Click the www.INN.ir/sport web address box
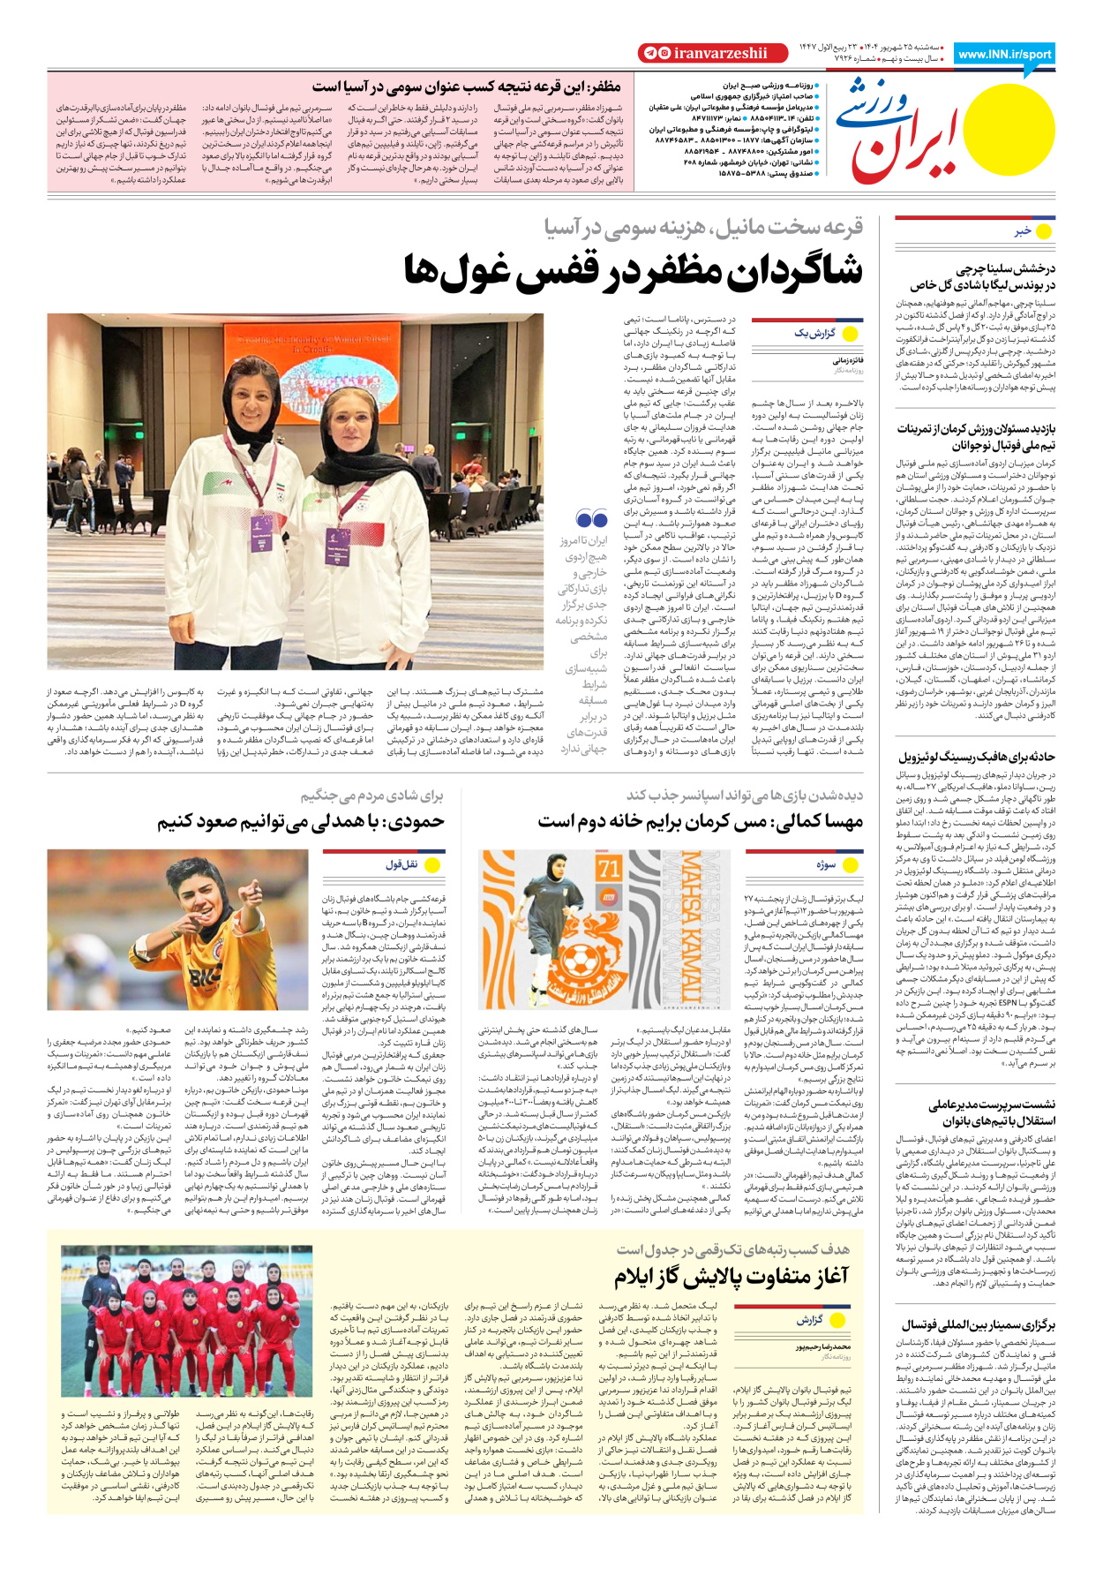coord(1004,54)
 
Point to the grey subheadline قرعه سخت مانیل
coord(703,227)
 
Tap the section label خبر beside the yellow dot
coord(1023,231)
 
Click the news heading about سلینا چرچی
coord(982,276)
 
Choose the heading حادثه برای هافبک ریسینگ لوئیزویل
coord(976,757)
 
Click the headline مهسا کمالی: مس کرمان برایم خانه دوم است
coord(701,822)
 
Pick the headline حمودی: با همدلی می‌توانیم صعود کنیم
coord(301,822)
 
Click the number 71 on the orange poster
coord(609,869)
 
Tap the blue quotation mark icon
coord(590,518)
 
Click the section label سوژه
coord(825,864)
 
